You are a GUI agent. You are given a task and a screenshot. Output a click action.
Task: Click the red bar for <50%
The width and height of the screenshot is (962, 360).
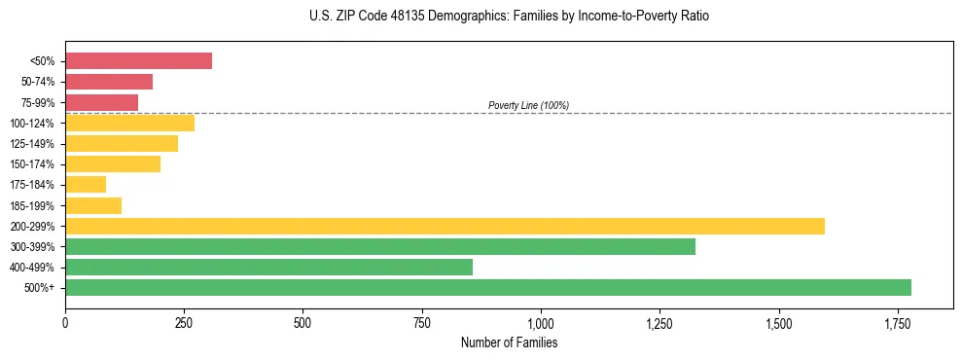[138, 61]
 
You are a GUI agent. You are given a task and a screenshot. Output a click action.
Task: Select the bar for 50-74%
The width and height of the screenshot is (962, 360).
[109, 82]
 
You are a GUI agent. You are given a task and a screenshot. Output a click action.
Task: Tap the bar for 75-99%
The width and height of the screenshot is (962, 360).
[102, 102]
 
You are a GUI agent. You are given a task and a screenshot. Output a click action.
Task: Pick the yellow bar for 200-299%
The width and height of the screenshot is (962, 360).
[445, 226]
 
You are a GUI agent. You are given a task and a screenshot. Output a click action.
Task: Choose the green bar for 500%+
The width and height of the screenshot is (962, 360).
[488, 287]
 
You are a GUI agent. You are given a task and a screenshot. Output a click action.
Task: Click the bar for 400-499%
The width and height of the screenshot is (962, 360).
[268, 267]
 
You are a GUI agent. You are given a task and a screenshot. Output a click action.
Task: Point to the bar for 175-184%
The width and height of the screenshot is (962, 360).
[86, 184]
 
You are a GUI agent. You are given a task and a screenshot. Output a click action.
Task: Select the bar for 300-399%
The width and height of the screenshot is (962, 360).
[380, 246]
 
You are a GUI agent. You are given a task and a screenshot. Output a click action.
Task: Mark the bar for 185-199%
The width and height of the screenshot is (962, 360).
[93, 205]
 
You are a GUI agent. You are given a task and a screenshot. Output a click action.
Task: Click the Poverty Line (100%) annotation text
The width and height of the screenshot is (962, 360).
[528, 105]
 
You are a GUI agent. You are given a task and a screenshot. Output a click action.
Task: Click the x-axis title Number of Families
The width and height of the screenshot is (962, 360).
[509, 342]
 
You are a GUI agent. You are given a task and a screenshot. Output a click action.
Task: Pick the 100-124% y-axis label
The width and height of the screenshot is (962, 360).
[32, 124]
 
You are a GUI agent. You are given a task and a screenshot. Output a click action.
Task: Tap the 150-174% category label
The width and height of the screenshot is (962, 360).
[32, 164]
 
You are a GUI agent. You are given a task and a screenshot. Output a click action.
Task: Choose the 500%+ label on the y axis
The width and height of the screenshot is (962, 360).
[41, 288]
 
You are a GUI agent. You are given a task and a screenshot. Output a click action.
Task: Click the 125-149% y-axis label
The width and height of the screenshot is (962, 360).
[32, 144]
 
